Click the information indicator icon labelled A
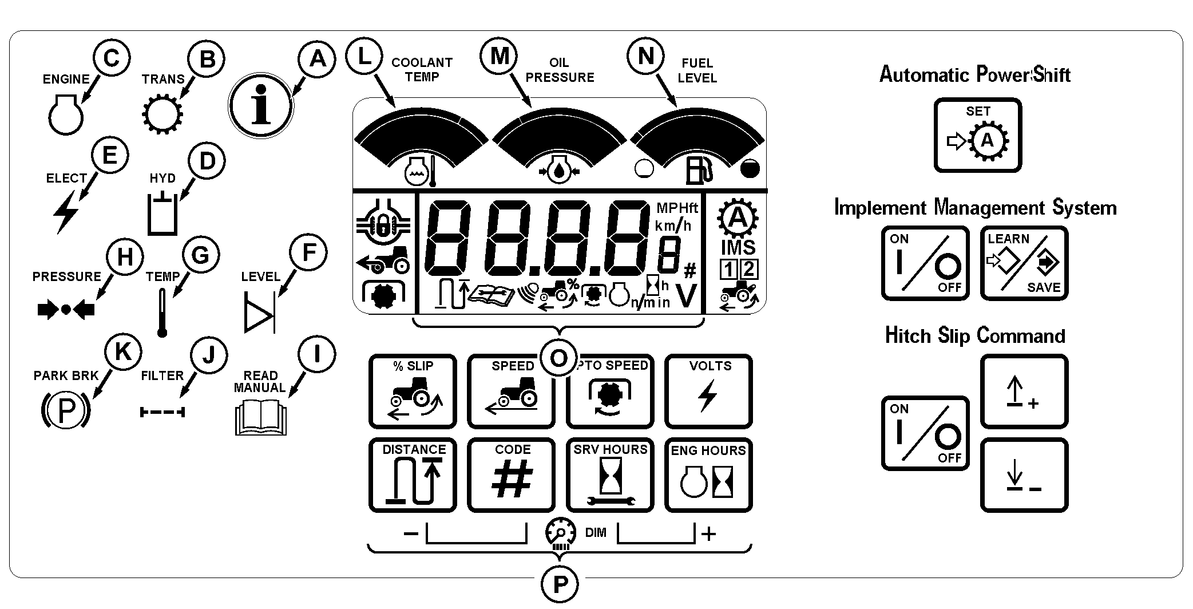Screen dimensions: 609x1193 261,105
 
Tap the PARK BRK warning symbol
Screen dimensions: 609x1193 66,410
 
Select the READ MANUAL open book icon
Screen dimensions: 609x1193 260,418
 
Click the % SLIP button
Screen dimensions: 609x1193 413,391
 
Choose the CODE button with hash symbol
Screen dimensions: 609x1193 511,475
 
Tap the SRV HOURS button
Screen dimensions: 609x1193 610,475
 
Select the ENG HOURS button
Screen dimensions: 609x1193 708,475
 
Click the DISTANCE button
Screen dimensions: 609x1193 413,475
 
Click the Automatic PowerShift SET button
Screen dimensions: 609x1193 978,135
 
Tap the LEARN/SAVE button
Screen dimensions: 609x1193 1024,263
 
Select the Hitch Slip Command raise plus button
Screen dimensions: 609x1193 1024,391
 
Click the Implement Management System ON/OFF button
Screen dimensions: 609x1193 925,263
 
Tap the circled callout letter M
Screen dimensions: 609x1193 500,56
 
